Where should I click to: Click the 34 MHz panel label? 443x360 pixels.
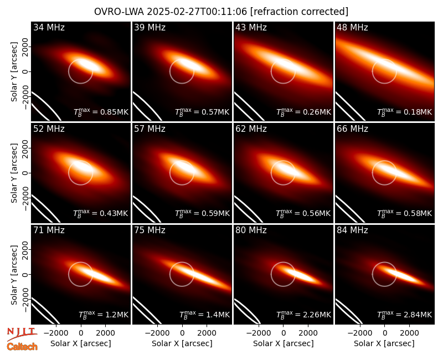coord(49,27)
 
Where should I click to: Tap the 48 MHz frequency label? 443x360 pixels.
coord(352,27)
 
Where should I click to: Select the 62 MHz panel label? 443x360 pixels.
coord(251,129)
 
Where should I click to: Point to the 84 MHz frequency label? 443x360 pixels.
coord(352,230)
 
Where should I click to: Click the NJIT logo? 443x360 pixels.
coord(22,333)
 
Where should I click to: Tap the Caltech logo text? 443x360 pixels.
coord(22,347)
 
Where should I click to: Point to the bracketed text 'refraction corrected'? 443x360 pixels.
coord(299,12)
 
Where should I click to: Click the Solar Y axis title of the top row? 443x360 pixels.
coord(14,72)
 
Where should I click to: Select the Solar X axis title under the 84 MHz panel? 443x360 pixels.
coord(384,343)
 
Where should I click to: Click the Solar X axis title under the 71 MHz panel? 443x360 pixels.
coord(81,343)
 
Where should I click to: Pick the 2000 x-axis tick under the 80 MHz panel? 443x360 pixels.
coord(308,333)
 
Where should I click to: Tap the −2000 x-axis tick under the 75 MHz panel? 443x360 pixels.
coord(157,333)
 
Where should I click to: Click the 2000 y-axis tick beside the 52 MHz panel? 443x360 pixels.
coord(25,148)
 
